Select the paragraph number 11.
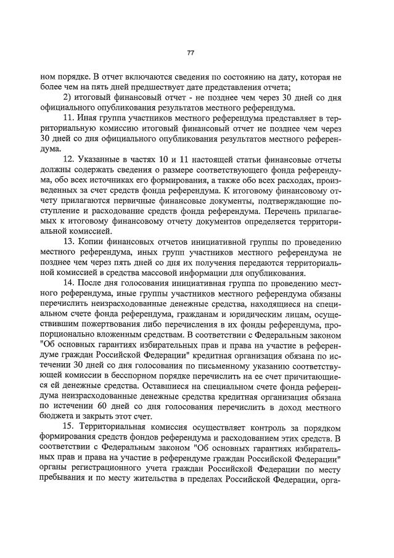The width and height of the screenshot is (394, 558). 70,117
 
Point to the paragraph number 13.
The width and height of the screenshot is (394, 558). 70,242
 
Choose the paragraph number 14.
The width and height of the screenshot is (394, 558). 70,283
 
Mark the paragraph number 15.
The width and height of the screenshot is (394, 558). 70,428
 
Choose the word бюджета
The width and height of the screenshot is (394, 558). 57,417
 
